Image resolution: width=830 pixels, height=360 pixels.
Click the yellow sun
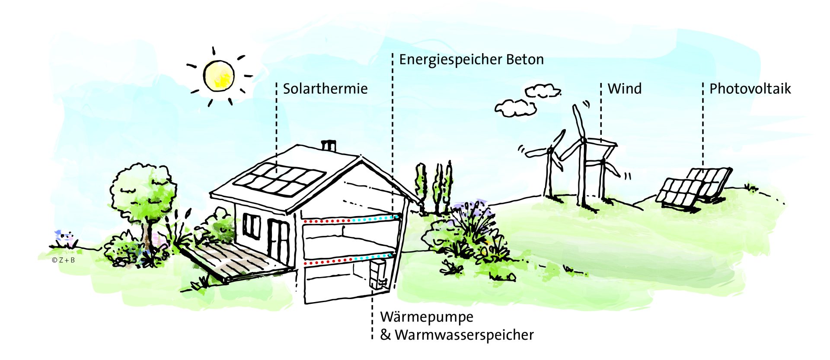[219, 76]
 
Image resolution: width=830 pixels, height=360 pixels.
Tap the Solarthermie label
[325, 89]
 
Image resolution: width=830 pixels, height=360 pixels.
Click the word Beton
[525, 60]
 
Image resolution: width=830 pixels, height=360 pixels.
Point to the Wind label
[625, 89]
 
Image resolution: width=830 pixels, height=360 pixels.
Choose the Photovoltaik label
[750, 89]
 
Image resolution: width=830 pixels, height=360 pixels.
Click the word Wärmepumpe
[427, 317]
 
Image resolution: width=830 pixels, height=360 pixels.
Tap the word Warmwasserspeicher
[464, 335]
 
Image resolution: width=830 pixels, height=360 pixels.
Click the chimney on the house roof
[329, 146]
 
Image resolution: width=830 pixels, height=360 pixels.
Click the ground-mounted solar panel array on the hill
[694, 188]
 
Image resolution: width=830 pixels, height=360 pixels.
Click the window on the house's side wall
[251, 226]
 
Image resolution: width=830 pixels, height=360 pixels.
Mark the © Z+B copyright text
[64, 260]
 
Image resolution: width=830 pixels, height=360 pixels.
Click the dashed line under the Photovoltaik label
[703, 125]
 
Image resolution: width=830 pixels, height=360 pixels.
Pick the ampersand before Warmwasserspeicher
[385, 335]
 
